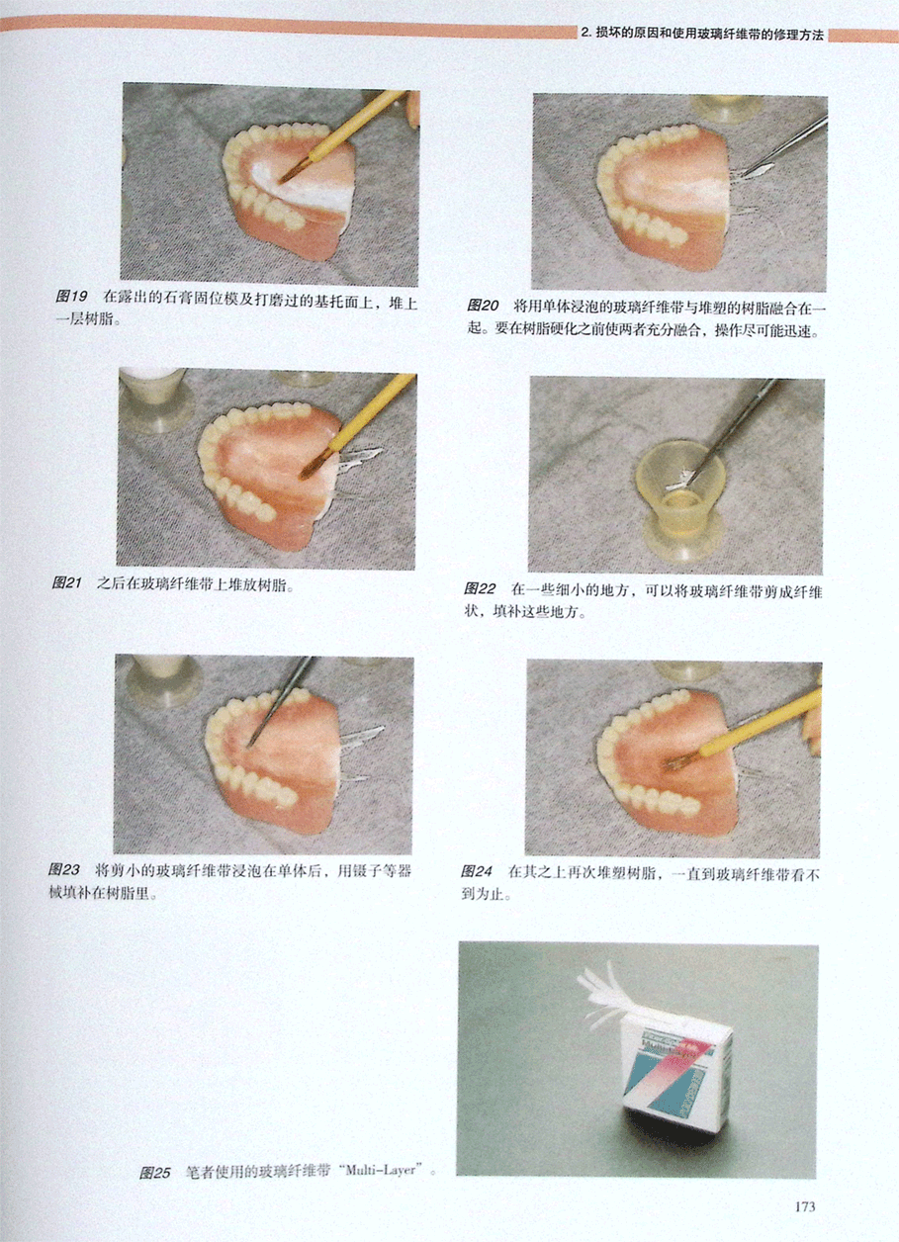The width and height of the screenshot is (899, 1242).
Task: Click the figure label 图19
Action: [x=71, y=297]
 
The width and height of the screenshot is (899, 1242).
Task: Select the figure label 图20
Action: [x=483, y=306]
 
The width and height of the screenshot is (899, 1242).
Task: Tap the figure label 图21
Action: [x=66, y=582]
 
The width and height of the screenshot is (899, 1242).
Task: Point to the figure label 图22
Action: [x=480, y=588]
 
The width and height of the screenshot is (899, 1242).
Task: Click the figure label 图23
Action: [x=64, y=870]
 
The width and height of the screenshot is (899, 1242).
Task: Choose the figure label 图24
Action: [x=477, y=871]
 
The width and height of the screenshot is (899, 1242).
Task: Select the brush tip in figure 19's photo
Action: [x=290, y=174]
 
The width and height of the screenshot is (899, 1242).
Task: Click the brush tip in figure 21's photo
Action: [x=312, y=468]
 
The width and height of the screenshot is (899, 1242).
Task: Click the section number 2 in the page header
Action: [x=584, y=34]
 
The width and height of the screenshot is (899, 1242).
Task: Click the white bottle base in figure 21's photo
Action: [x=155, y=400]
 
